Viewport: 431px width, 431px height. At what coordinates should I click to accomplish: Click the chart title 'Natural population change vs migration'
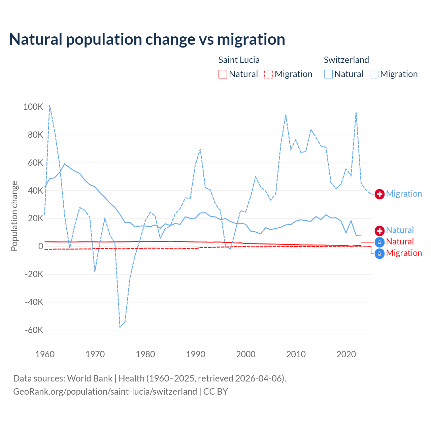click(x=147, y=39)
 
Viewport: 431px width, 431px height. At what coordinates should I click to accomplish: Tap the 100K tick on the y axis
click(x=33, y=107)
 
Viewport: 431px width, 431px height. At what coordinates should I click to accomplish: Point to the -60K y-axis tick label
click(x=34, y=330)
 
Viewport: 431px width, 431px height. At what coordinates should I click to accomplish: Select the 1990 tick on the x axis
click(x=196, y=354)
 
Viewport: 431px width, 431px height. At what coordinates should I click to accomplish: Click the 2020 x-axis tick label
click(x=346, y=354)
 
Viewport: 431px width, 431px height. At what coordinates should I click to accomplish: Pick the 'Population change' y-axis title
click(x=14, y=216)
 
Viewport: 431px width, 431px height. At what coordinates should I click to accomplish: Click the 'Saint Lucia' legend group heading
click(x=239, y=60)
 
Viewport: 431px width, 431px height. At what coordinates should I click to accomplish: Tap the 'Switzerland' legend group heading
click(x=346, y=60)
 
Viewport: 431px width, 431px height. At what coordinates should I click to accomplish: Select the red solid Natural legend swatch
click(x=223, y=74)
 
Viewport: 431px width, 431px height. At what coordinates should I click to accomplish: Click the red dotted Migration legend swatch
click(x=269, y=74)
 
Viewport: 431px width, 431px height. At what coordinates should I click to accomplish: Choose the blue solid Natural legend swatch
click(x=328, y=74)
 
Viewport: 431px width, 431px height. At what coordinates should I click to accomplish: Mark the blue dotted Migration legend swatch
click(x=374, y=74)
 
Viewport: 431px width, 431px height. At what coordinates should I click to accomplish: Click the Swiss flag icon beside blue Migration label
click(x=379, y=194)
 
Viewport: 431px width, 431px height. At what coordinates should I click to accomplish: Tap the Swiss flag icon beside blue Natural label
click(x=379, y=231)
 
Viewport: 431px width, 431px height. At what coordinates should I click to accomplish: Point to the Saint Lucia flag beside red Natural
click(x=379, y=242)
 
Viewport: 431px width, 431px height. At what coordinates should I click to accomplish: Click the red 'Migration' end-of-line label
click(x=404, y=253)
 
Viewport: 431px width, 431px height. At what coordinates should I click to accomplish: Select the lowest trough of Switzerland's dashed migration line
click(x=120, y=327)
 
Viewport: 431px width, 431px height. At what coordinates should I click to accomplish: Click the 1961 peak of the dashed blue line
click(x=50, y=105)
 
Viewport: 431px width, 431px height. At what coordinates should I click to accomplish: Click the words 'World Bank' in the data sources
click(x=90, y=378)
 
